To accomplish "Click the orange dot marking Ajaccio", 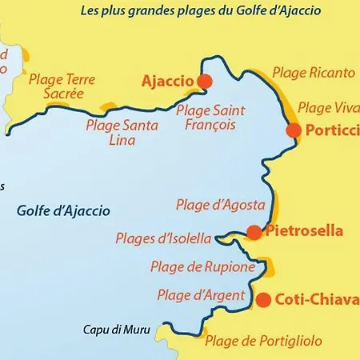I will pyautogui.click(x=205, y=81).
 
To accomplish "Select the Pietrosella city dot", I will pyautogui.click(x=254, y=232).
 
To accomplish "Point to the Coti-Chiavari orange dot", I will pyautogui.click(x=262, y=300).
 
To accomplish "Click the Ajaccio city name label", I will pyautogui.click(x=167, y=82).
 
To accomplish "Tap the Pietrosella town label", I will pyautogui.click(x=305, y=232).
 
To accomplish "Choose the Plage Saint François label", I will pyautogui.click(x=210, y=117).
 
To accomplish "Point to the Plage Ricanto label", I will pyautogui.click(x=314, y=73).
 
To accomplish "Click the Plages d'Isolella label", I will pyautogui.click(x=164, y=238).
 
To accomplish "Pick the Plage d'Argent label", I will pyautogui.click(x=201, y=295).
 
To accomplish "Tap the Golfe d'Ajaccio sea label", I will pyautogui.click(x=63, y=211).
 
